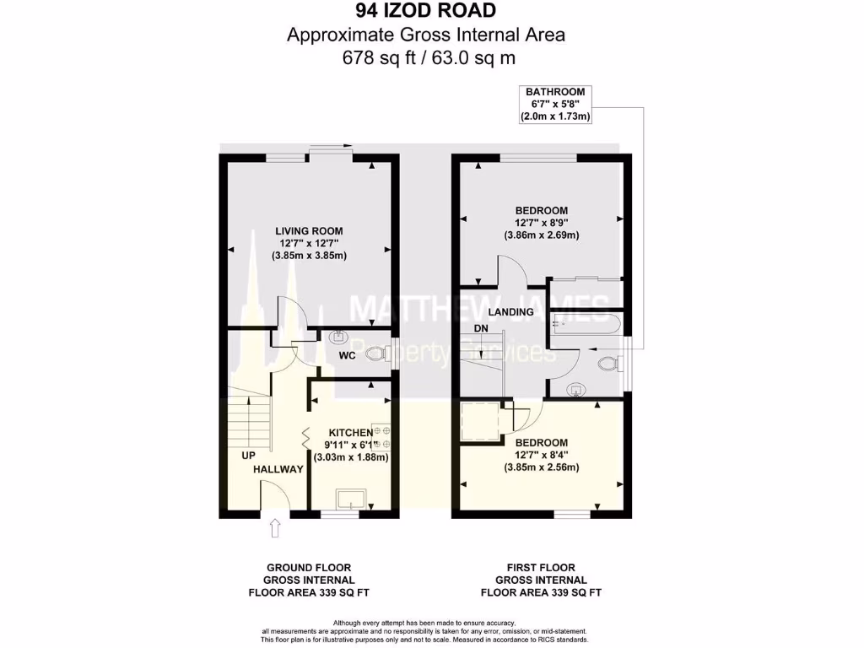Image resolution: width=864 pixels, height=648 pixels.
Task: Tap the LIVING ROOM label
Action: tap(309, 230)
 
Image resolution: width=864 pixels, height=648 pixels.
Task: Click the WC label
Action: tap(346, 355)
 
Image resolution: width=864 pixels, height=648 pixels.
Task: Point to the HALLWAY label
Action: tap(278, 470)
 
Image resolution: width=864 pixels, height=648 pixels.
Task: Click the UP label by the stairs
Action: tap(248, 455)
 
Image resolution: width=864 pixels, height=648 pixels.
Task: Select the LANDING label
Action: tap(511, 311)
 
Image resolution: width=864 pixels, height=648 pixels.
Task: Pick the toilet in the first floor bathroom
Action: tap(607, 364)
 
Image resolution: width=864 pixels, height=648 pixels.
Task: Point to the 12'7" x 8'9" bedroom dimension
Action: tap(541, 223)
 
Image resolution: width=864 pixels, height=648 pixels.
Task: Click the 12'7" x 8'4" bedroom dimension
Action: tap(541, 456)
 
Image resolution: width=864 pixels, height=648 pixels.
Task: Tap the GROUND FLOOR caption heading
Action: tap(309, 568)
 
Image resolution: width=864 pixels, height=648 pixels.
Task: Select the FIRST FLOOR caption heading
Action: tap(541, 568)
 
